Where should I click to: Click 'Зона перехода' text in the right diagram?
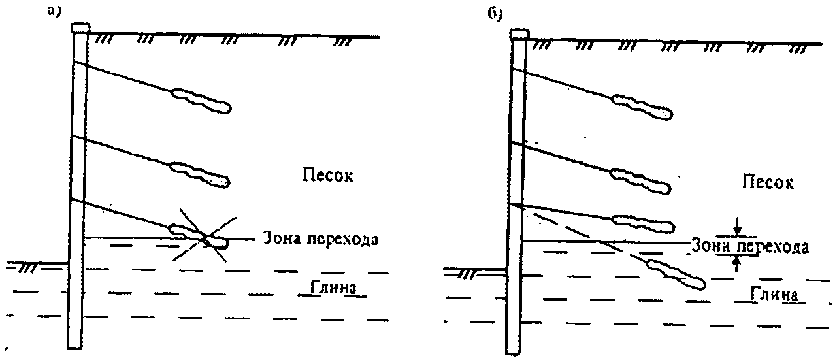(751, 247)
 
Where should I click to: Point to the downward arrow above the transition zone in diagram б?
(737, 229)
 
